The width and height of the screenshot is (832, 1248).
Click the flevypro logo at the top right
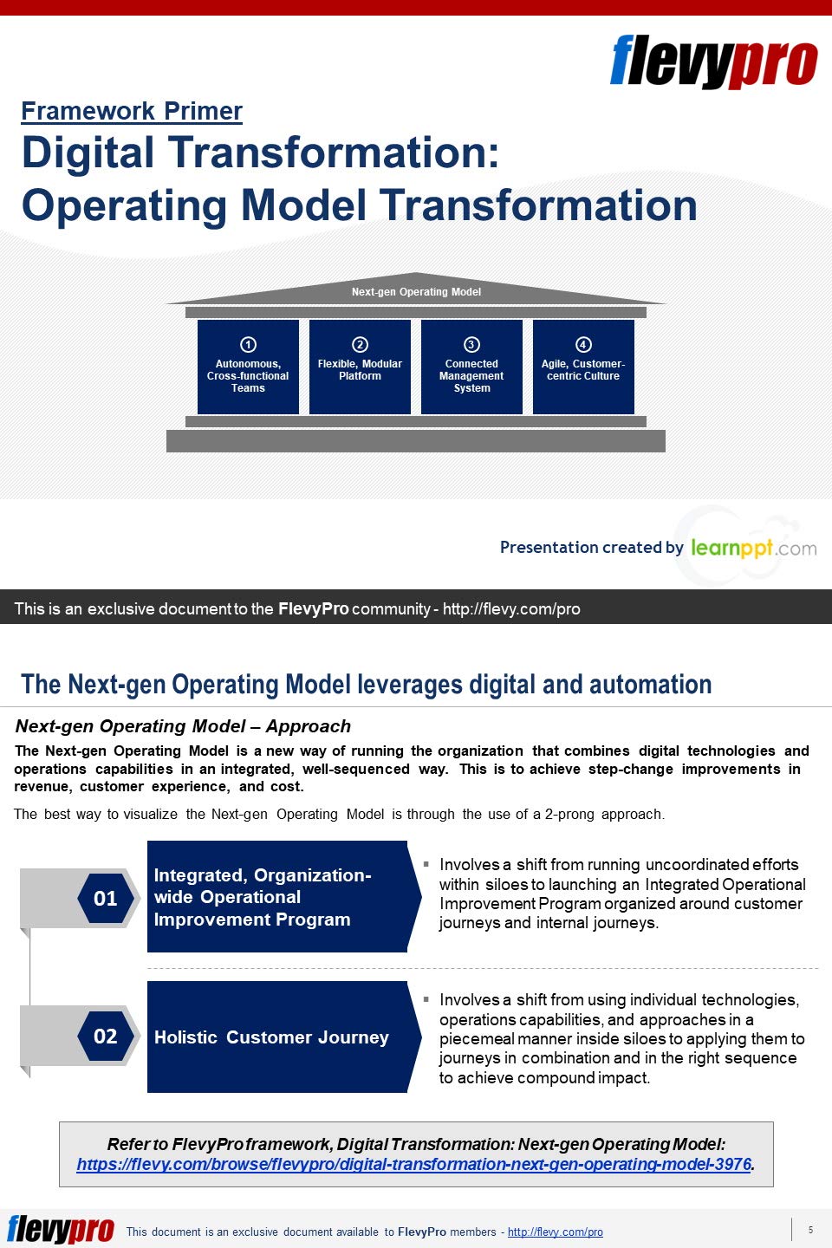click(x=713, y=62)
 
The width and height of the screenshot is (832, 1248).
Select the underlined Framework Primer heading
click(x=132, y=111)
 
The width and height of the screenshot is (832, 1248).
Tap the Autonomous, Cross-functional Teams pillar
click(x=248, y=367)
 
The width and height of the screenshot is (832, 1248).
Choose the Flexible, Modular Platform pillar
click(x=360, y=367)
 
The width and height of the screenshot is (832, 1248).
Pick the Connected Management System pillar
click(x=471, y=367)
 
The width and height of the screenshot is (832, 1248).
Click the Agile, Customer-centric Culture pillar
click(x=583, y=367)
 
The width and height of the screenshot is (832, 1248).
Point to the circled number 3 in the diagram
click(x=471, y=344)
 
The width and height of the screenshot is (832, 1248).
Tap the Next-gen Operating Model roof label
click(x=416, y=292)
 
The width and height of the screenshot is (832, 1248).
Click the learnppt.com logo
click(x=753, y=548)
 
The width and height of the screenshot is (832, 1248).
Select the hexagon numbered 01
click(x=106, y=898)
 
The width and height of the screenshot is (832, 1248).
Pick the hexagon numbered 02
click(x=106, y=1036)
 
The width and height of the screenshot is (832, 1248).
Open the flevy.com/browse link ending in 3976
click(x=413, y=1164)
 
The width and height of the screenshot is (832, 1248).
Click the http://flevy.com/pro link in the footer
click(x=555, y=1232)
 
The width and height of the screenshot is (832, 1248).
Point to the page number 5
click(x=810, y=1230)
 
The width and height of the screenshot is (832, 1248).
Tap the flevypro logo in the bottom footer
click(x=61, y=1230)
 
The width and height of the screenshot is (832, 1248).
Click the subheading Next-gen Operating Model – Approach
click(x=183, y=726)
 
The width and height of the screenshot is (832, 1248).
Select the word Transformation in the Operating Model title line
click(x=538, y=205)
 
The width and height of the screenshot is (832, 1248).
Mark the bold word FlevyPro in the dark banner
click(x=313, y=608)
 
